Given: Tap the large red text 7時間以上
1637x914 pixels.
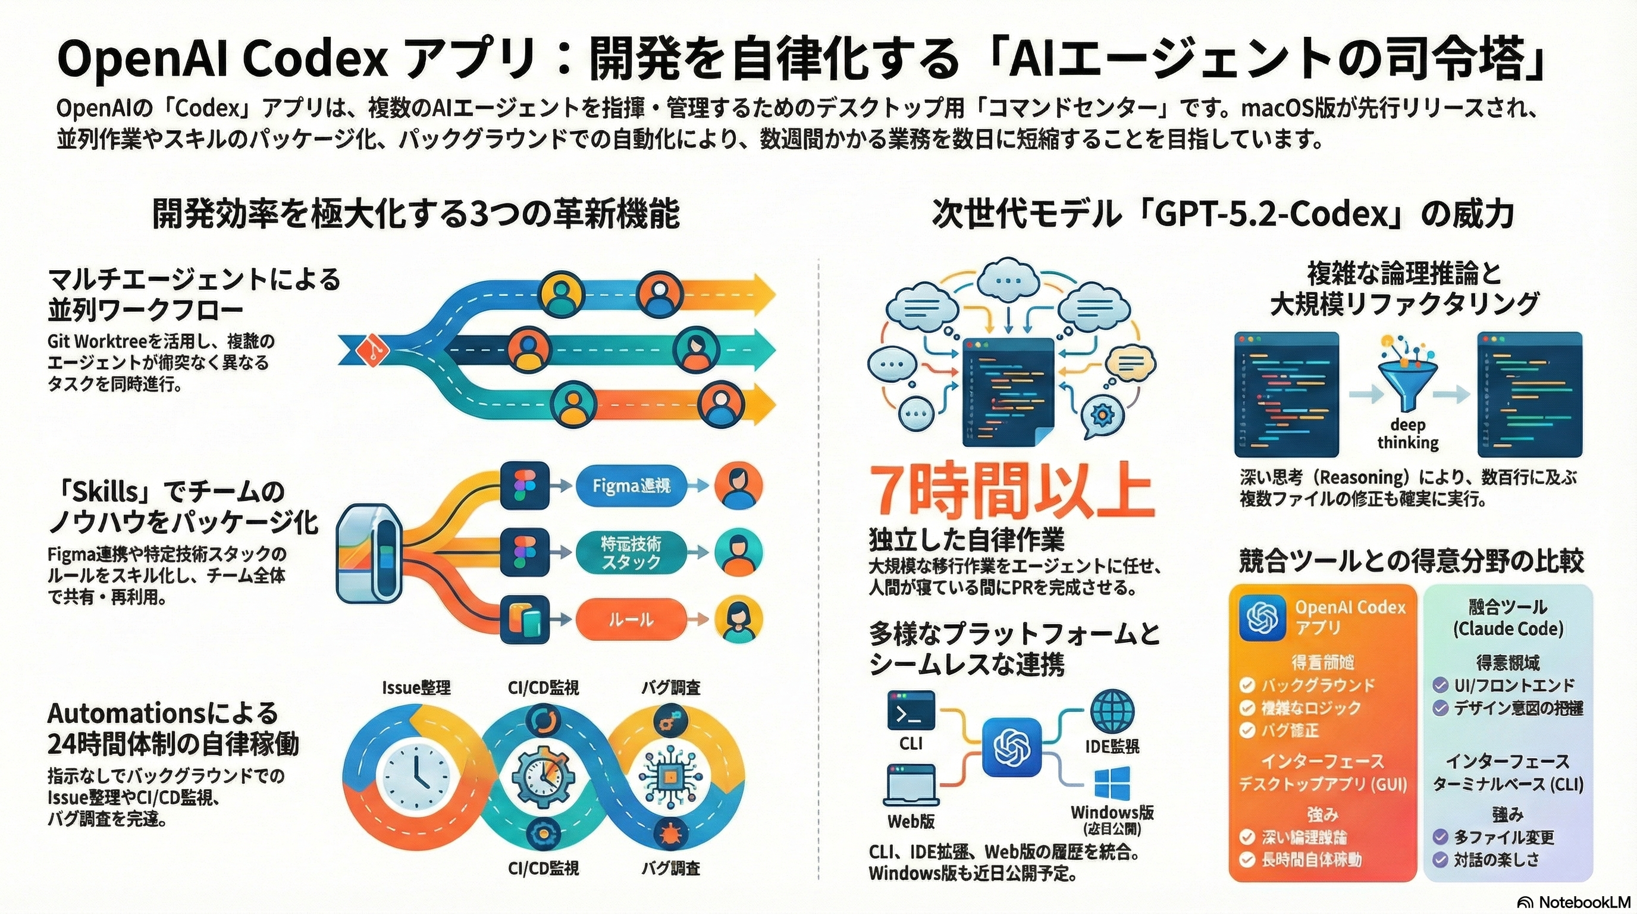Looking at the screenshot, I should pos(1011,492).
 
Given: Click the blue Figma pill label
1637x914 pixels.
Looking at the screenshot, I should pos(631,486).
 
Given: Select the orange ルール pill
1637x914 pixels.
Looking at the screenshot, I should pos(631,619).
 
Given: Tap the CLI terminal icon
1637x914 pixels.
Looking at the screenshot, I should pos(911,710).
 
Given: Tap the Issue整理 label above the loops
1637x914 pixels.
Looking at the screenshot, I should pos(416,688).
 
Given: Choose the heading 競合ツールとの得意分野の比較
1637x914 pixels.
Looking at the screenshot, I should pos(1412,561).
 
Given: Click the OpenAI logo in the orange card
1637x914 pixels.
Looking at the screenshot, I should pos(1259,616).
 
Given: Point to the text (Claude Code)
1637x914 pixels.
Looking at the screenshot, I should pos(1508,629).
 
